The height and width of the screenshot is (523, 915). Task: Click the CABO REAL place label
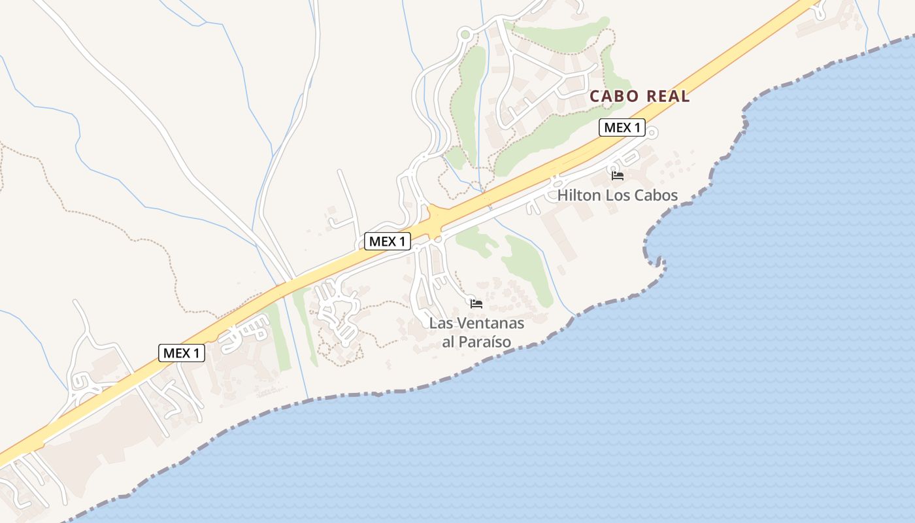point(639,96)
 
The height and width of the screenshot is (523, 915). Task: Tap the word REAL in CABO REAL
point(668,96)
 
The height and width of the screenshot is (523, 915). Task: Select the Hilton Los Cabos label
point(617,195)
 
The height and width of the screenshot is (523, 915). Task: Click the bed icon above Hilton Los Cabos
point(618,175)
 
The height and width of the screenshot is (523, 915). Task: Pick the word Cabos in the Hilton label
point(656,195)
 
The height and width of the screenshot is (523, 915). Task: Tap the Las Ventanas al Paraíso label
point(476,332)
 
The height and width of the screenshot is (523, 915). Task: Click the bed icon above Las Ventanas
point(476,303)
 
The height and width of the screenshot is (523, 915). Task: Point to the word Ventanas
point(490,323)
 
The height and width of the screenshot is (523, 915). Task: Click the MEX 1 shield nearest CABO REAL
point(622,127)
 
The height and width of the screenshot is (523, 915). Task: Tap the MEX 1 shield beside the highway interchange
point(387,241)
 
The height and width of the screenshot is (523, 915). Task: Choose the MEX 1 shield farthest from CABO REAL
point(181,353)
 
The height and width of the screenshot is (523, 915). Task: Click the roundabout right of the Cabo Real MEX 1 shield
point(652,133)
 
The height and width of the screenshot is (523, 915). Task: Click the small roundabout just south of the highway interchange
point(439,240)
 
